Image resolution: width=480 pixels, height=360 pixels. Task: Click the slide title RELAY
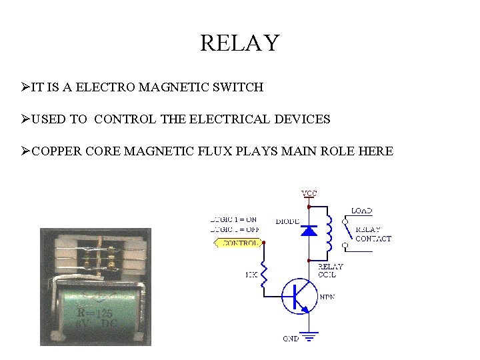(x=239, y=43)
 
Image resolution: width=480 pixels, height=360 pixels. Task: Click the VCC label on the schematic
(x=309, y=193)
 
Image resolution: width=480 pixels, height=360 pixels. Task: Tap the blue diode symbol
(x=309, y=231)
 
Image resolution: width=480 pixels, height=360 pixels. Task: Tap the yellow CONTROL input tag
(x=238, y=243)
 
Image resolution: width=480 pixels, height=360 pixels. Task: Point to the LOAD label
(x=361, y=211)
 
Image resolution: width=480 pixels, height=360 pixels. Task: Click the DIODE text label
(x=287, y=221)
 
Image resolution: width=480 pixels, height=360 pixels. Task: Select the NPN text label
(x=327, y=297)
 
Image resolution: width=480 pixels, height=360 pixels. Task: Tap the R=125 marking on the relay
(x=95, y=313)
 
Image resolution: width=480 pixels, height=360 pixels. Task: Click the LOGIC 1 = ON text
(x=233, y=219)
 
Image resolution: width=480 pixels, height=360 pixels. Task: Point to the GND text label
(x=291, y=339)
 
